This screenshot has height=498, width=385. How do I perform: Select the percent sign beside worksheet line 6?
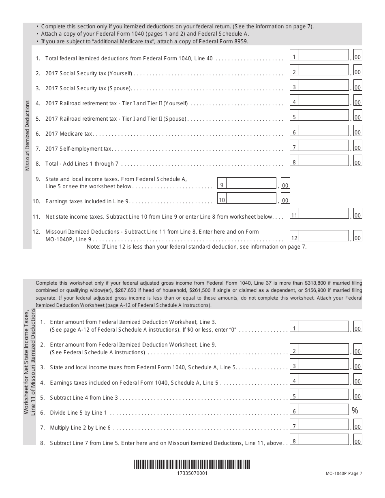pyautogui.click(x=355, y=411)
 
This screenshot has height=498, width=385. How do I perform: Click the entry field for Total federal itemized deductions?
pyautogui.click(x=324, y=55)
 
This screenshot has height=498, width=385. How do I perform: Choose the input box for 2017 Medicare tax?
pyautogui.click(x=324, y=131)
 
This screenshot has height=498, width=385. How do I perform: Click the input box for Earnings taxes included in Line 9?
pyautogui.click(x=251, y=198)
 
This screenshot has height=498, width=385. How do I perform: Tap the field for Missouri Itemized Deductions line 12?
pyautogui.click(x=324, y=236)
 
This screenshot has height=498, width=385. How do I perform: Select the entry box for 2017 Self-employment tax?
pyautogui.click(x=324, y=146)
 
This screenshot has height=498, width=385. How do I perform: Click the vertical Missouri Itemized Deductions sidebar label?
pyautogui.click(x=28, y=136)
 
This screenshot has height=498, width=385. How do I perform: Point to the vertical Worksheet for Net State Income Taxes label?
pyautogui.click(x=30, y=362)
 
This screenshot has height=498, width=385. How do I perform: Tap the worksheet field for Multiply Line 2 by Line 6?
pyautogui.click(x=324, y=425)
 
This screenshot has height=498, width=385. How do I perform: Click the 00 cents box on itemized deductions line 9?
pyautogui.click(x=285, y=185)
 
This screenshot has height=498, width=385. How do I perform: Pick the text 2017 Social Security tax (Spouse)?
pyautogui.click(x=89, y=88)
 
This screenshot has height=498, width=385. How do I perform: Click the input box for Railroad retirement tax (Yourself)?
pyautogui.click(x=324, y=101)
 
